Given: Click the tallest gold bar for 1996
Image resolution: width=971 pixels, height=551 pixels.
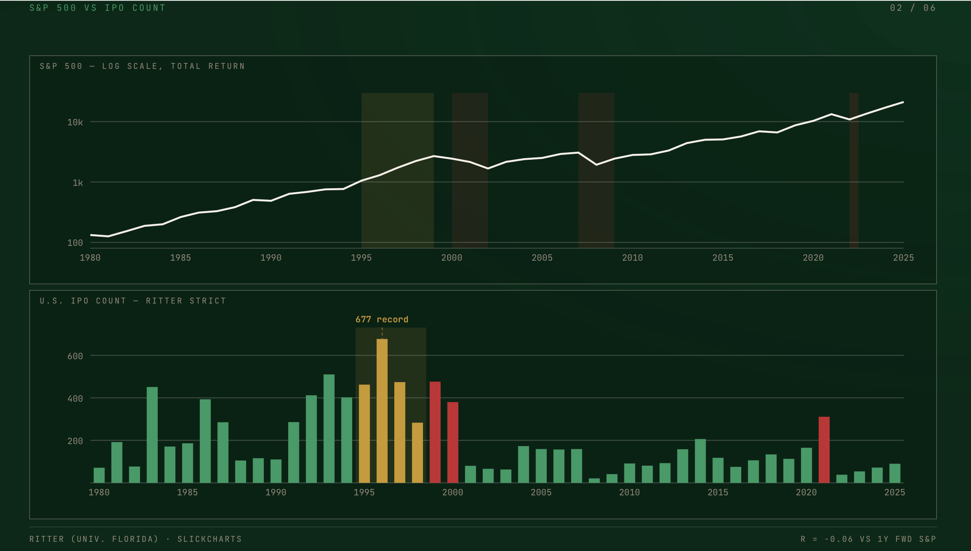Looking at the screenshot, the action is click(382, 411).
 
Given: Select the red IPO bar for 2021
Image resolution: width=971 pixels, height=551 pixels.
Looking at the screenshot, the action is click(824, 450).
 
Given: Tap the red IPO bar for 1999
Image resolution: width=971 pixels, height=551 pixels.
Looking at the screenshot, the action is click(435, 432).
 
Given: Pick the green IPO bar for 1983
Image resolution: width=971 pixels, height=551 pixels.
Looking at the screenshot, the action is click(152, 435).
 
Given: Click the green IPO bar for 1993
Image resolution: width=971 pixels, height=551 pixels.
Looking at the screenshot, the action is click(329, 428).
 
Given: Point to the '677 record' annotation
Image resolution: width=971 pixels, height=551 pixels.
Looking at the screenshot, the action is click(382, 320).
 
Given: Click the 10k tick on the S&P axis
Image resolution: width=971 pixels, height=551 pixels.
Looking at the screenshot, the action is click(75, 122).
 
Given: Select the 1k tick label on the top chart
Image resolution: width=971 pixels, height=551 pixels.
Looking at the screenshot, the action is click(78, 183).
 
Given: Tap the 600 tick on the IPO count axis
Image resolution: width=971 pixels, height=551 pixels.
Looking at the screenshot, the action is click(75, 356).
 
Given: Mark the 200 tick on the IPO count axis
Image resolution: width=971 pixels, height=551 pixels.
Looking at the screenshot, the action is click(75, 441).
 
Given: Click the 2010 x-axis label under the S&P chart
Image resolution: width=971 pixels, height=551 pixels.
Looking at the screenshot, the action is click(632, 258).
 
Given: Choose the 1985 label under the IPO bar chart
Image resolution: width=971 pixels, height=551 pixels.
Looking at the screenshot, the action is click(187, 493).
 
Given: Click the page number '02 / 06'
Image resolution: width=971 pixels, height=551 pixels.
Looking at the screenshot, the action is click(913, 8).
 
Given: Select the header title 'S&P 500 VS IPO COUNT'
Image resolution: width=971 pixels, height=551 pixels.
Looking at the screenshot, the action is click(97, 8).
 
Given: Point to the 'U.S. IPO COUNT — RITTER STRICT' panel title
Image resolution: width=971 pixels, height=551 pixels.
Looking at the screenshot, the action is click(133, 301).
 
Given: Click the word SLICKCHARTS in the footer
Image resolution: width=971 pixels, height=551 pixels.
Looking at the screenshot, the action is click(210, 539).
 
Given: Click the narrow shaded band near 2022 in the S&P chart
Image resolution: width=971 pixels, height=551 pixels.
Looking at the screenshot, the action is click(854, 171).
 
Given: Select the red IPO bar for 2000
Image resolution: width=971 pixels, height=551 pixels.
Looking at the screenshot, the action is click(453, 442).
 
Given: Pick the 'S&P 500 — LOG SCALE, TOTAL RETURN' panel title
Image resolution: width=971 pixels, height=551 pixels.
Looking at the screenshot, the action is click(142, 66).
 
